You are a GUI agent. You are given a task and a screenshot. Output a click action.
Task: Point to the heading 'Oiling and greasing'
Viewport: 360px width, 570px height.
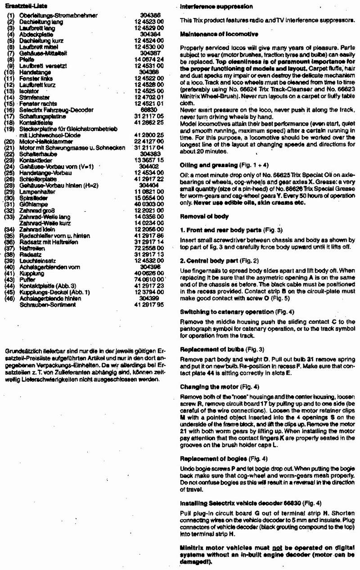207,165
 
